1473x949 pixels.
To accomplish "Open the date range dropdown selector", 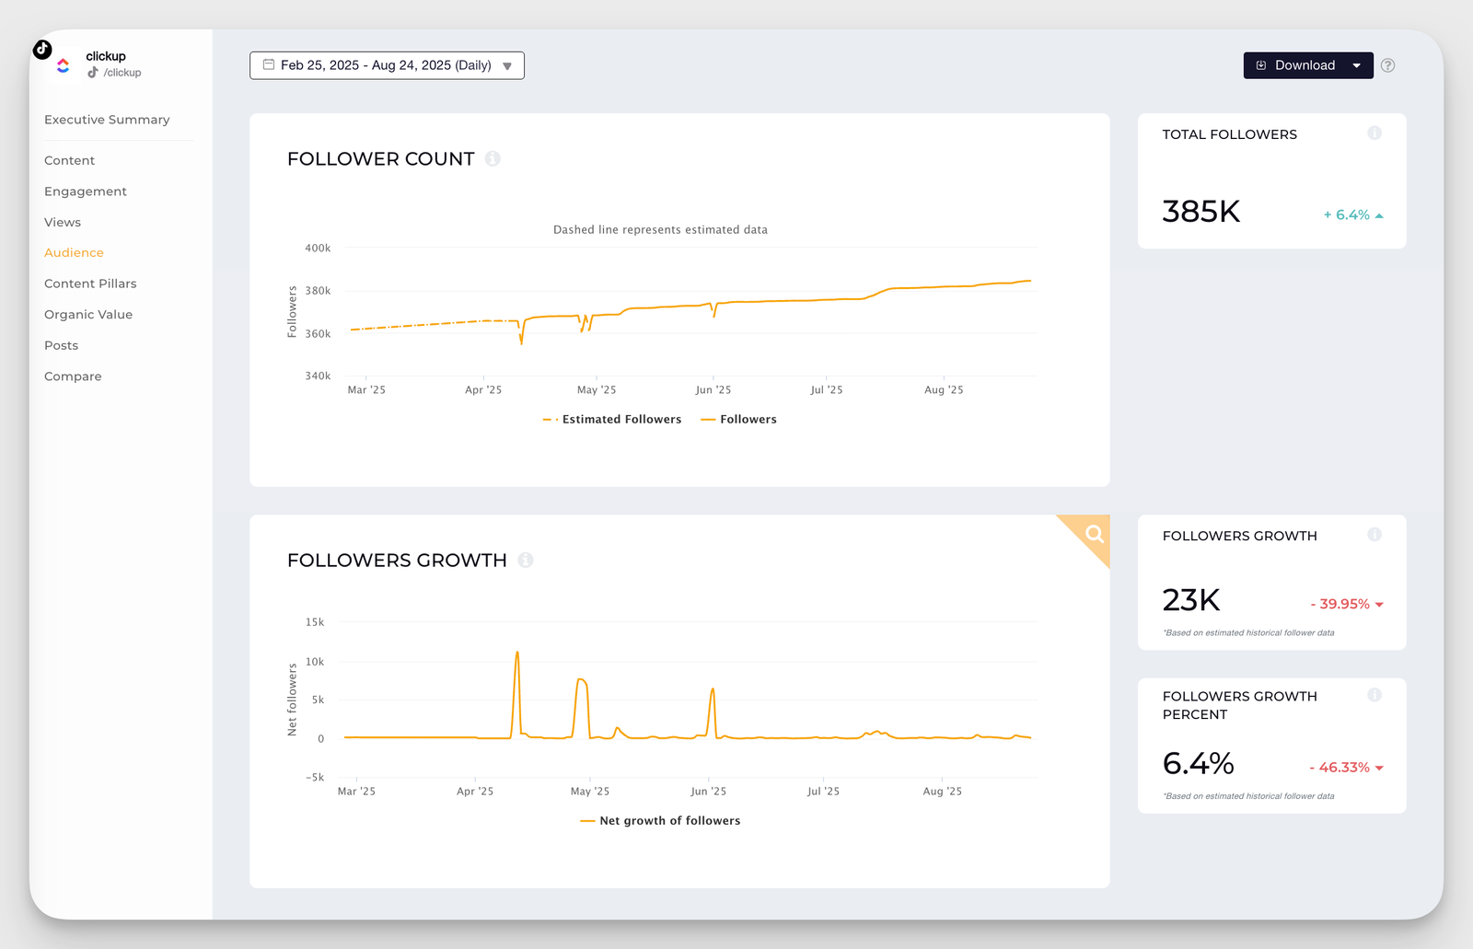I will click(387, 65).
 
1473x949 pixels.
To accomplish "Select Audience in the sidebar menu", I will click(74, 252).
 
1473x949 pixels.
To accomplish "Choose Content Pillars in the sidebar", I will click(90, 284).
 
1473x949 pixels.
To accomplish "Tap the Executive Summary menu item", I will click(107, 120).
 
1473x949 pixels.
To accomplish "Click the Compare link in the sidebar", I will click(73, 376).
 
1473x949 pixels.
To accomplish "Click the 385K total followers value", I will click(1200, 212).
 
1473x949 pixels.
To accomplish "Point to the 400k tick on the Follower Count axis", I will click(318, 248).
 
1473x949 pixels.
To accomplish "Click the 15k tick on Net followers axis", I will click(315, 622).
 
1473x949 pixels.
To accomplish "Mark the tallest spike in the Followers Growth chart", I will click(517, 653).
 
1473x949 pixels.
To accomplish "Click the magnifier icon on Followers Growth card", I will click(1094, 534).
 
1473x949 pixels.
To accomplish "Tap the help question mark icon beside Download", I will click(1388, 65).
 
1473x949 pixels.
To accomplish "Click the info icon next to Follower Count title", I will click(493, 158).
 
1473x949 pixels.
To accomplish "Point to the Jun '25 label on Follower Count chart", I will click(713, 390).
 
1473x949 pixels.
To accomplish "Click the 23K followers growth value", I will click(1190, 600).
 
